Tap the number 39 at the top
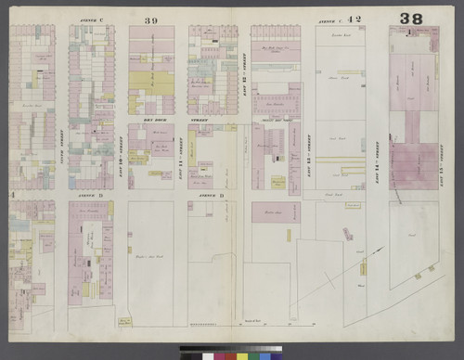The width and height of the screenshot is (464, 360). pyautogui.click(x=151, y=19)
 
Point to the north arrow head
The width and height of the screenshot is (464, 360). pyautogui.click(x=380, y=249)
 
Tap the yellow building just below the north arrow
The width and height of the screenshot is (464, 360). pyautogui.click(x=363, y=268)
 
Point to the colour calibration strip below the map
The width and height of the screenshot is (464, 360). pyautogui.click(x=232, y=354)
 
